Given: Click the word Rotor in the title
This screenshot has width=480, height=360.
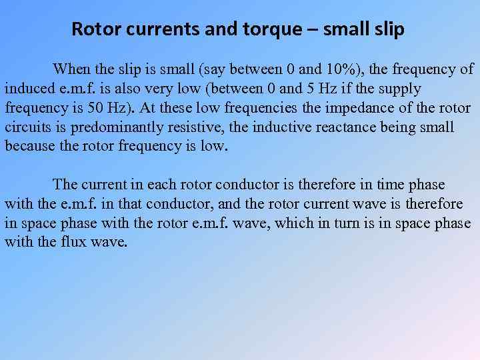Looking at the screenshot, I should pyautogui.click(x=93, y=29).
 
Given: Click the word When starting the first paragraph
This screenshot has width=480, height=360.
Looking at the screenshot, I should pyautogui.click(x=72, y=69).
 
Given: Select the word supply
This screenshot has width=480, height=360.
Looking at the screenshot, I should pyautogui.click(x=399, y=88).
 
